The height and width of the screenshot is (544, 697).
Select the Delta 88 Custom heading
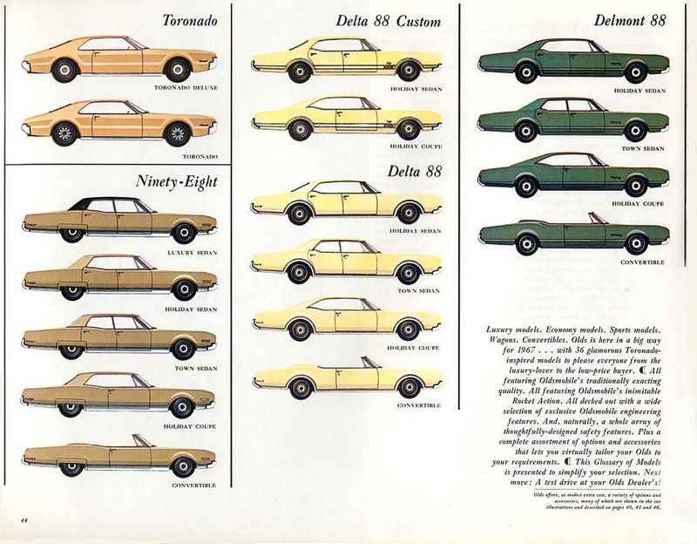point(388,22)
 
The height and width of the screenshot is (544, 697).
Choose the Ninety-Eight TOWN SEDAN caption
point(190,367)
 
